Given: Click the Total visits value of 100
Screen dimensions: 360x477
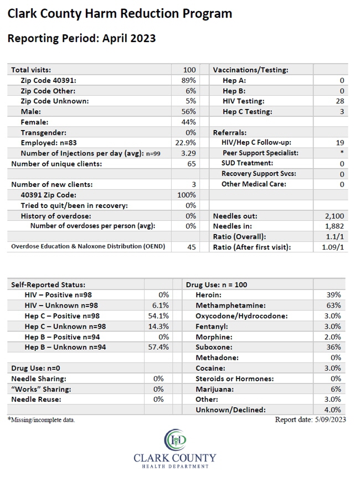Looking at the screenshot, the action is pyautogui.click(x=189, y=70).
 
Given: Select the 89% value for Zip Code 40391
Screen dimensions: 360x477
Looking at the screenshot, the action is pyautogui.click(x=188, y=80).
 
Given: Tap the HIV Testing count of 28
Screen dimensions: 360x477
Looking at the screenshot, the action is pyautogui.click(x=340, y=101).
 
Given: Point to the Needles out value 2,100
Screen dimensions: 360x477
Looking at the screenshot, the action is pyautogui.click(x=335, y=216).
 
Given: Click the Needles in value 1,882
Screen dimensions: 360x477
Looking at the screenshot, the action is pyautogui.click(x=335, y=226).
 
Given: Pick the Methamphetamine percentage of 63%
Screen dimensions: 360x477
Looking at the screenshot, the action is pyautogui.click(x=333, y=305).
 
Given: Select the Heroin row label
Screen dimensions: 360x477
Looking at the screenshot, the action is pyautogui.click(x=208, y=295).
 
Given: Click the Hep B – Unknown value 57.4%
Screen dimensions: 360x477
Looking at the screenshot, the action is pyautogui.click(x=158, y=347).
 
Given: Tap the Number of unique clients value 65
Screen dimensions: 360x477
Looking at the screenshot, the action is pyautogui.click(x=192, y=164).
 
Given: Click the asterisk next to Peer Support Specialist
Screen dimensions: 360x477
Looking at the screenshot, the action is pyautogui.click(x=342, y=152).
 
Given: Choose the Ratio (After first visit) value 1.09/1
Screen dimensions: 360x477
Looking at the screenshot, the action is pyautogui.click(x=333, y=247).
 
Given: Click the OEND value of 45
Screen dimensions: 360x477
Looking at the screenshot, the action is pyautogui.click(x=192, y=247).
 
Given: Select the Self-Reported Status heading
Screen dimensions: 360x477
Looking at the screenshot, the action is pyautogui.click(x=48, y=285).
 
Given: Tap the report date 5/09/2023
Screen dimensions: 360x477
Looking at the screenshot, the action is pyautogui.click(x=331, y=420).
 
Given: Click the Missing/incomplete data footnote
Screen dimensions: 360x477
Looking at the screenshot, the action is pyautogui.click(x=42, y=420).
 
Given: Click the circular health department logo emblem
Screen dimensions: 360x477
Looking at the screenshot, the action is pyautogui.click(x=175, y=439).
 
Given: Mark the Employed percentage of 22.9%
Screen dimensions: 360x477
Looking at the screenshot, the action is pyautogui.click(x=186, y=143).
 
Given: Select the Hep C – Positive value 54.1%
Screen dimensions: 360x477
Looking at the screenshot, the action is pyautogui.click(x=158, y=316).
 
